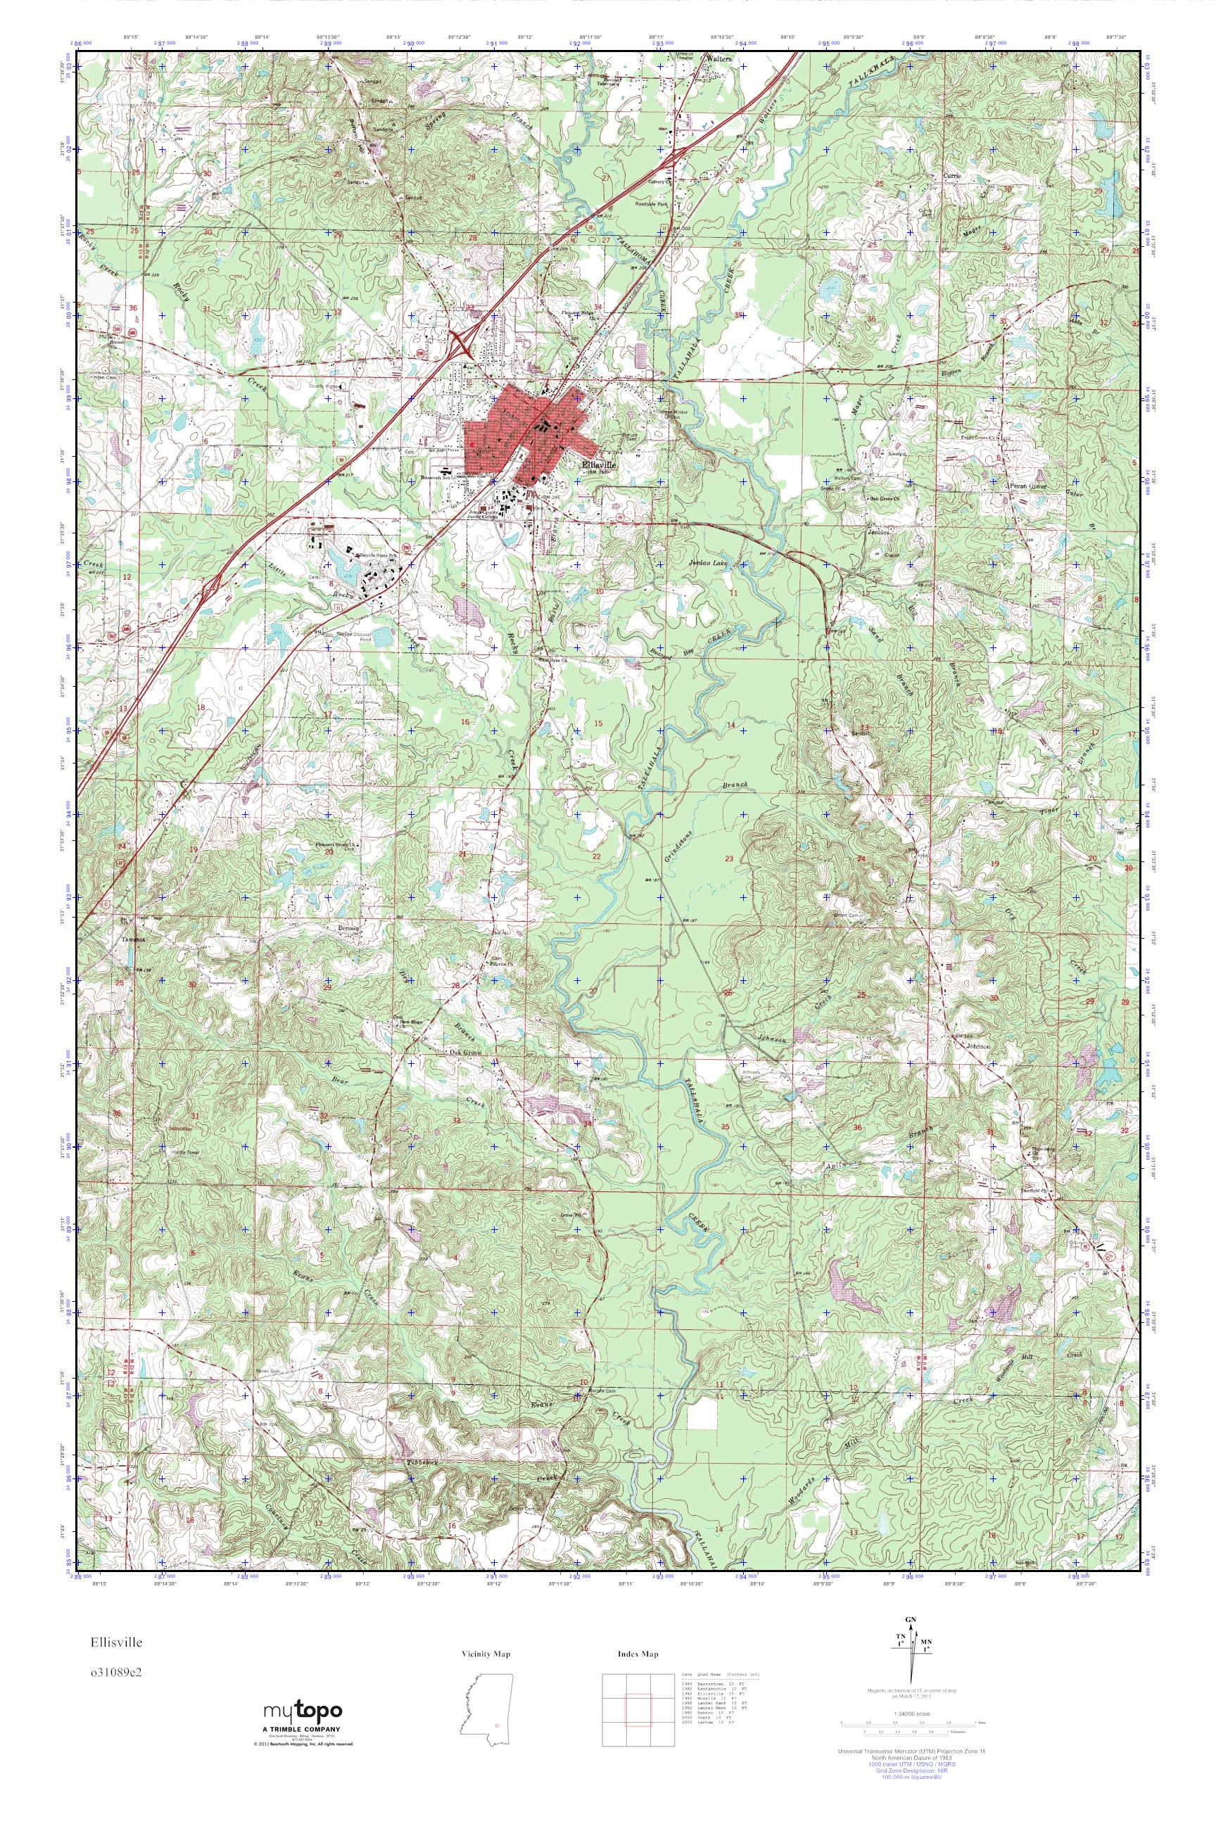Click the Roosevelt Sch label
tap(435, 478)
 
